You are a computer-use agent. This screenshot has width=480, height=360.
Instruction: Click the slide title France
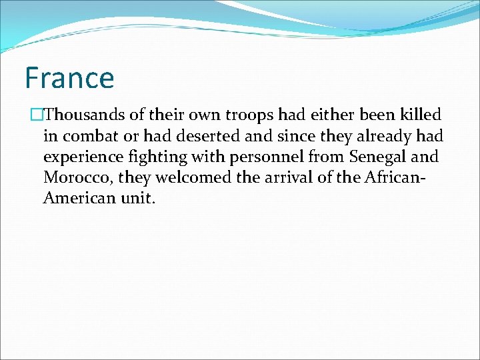pyautogui.click(x=69, y=77)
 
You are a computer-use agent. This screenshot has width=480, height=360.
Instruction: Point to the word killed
pyautogui.click(x=419, y=115)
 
